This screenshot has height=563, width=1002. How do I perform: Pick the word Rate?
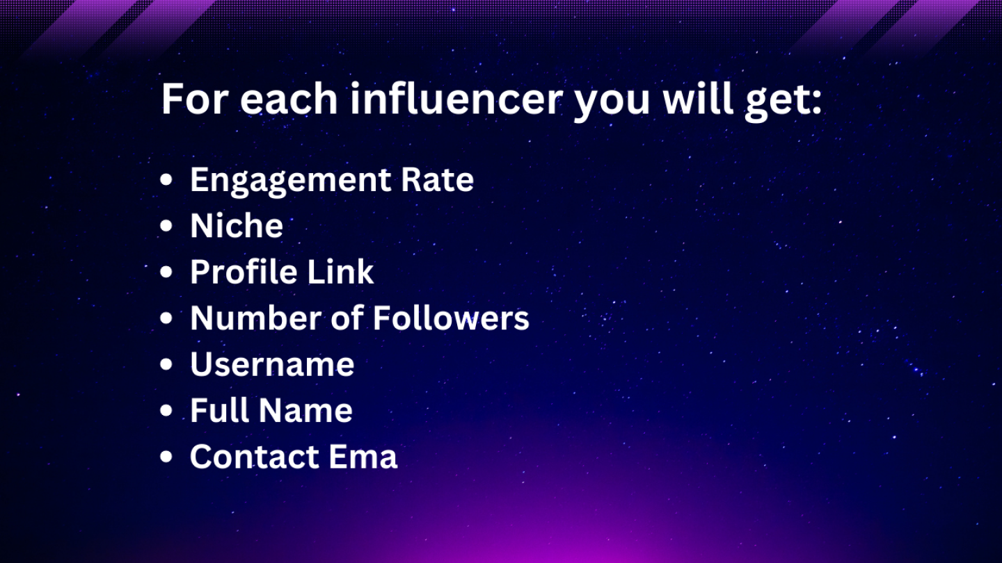[438, 179]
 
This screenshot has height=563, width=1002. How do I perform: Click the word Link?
[340, 271]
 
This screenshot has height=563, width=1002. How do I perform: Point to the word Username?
[273, 364]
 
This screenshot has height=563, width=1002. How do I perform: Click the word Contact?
[253, 456]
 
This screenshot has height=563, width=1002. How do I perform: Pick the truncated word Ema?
[363, 456]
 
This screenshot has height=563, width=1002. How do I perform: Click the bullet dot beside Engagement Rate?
[166, 179]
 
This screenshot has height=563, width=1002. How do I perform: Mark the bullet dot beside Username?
[166, 364]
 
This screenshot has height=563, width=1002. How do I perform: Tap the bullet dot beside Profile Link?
[166, 272]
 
